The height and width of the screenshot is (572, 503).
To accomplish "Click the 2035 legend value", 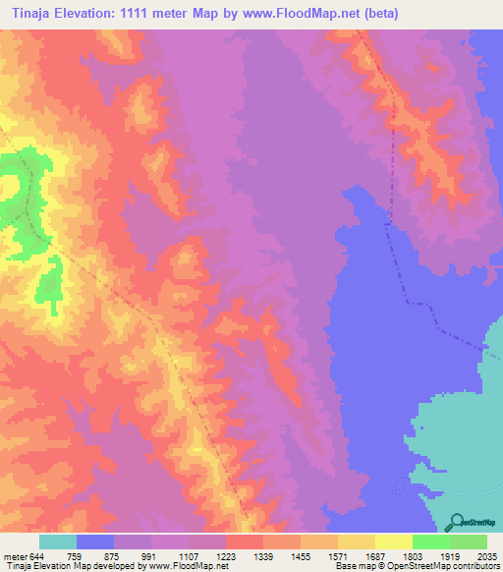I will pos(487,555).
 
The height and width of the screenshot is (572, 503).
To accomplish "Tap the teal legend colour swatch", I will pos(57,542).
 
